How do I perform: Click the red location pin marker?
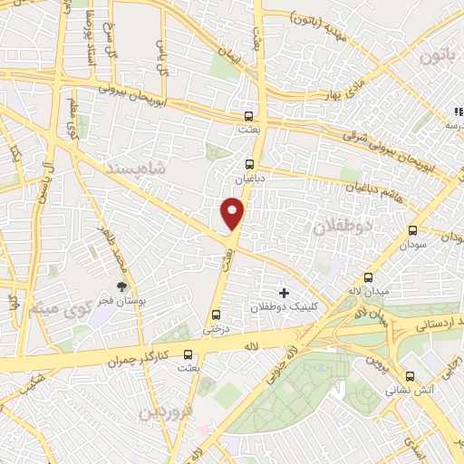click(x=232, y=214)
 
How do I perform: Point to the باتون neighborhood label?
click(x=432, y=57)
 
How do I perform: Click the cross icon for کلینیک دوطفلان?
click(x=285, y=293)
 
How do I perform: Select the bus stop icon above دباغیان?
click(x=250, y=164)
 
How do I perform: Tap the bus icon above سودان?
click(x=413, y=231)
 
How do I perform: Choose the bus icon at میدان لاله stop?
click(x=368, y=277)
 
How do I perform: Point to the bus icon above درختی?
click(x=215, y=314)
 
